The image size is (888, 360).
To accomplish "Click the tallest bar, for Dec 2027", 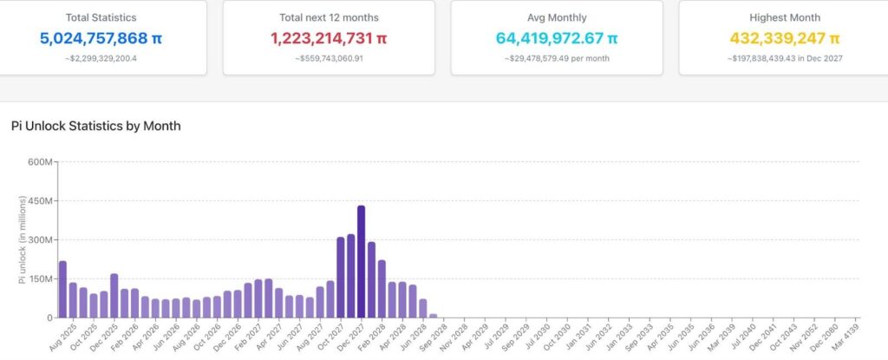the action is [362, 261].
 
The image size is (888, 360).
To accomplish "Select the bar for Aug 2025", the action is [62, 289].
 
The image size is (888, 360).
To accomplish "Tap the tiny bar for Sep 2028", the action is [434, 316].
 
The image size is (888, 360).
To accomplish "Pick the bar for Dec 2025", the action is [114, 296].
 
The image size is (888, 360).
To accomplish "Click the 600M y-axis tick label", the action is [40, 162].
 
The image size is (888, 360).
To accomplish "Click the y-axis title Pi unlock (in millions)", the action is [23, 239].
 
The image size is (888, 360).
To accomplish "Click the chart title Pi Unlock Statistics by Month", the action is [96, 126].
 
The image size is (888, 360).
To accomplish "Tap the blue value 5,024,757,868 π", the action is [101, 38].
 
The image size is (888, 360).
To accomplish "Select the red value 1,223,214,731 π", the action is [329, 38].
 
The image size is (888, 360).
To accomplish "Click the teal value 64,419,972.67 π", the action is [557, 38].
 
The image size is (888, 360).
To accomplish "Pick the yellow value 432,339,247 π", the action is [784, 38].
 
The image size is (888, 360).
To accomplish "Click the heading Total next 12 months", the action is [329, 17].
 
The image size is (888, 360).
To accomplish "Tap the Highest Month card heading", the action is [784, 17].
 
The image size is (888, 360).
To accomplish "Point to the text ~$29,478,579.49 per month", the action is [557, 58].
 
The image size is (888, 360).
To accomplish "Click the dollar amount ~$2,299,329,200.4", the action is [101, 58].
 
